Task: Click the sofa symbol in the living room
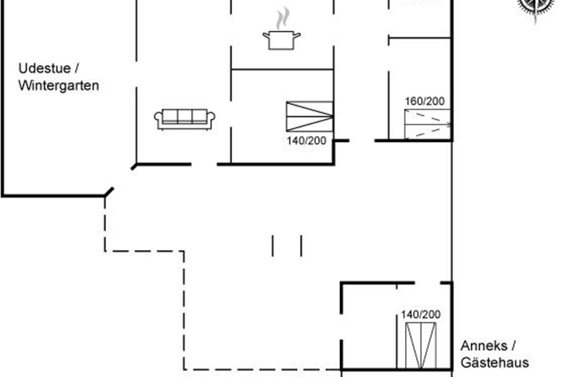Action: pos(185,119)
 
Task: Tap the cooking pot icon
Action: pos(282,41)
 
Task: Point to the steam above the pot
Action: pos(282,18)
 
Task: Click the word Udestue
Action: pos(45,68)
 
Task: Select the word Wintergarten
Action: pos(59,86)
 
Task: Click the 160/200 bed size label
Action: pos(425,101)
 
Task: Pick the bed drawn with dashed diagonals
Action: pos(428,124)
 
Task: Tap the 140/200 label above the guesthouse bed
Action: pos(421,314)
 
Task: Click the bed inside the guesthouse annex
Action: pos(421,346)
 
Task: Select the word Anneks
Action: pos(484,346)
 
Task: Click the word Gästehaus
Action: pos(495,362)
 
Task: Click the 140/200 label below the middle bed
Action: pos(307,140)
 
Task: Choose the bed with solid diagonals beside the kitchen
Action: pos(310,116)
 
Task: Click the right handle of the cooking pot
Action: pos(297,35)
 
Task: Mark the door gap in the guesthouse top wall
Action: pos(428,283)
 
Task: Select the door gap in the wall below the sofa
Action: pos(204,164)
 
